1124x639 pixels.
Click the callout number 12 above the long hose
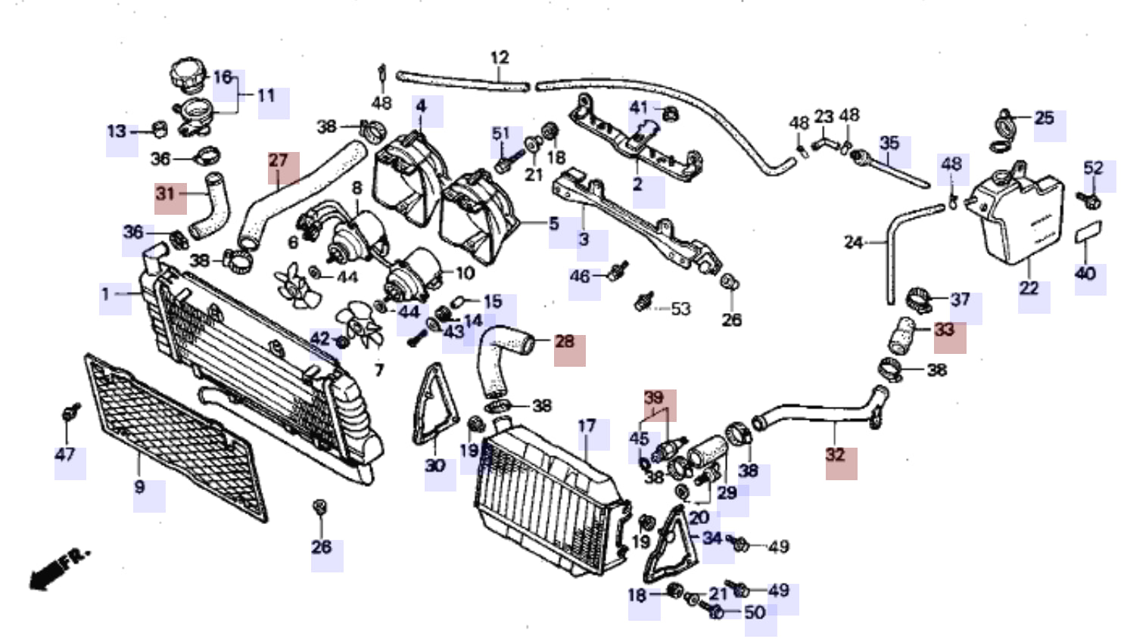(x=500, y=57)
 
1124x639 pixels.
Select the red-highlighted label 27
(x=278, y=160)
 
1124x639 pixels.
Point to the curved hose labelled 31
(x=209, y=205)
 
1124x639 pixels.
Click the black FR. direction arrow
(x=59, y=571)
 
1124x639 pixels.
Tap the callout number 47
(x=65, y=454)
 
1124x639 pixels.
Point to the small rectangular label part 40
(x=1088, y=231)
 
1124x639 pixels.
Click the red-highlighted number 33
(x=945, y=330)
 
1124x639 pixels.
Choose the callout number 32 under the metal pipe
(x=836, y=454)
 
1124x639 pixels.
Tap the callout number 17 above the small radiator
(x=587, y=426)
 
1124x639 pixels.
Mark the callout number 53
(x=680, y=309)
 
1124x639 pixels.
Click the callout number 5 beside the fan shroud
(x=554, y=224)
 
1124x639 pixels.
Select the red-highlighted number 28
(x=565, y=341)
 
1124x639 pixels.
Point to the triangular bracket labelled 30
(x=435, y=405)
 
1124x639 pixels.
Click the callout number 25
(x=1045, y=118)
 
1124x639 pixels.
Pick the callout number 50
(x=755, y=613)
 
